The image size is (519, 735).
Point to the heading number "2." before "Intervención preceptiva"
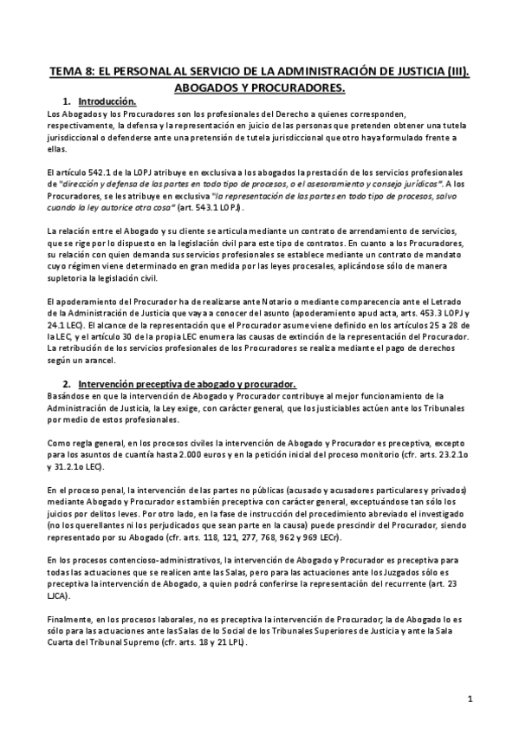[x=67, y=384]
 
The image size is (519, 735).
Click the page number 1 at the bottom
[x=469, y=698]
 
